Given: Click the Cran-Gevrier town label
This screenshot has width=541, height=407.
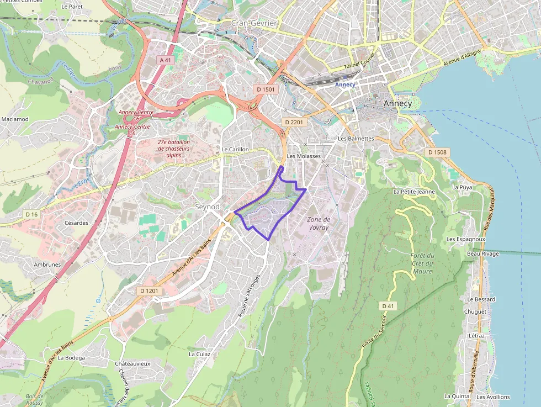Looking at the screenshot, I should point(254,23).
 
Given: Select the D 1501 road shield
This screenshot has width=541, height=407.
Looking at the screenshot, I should point(265,89).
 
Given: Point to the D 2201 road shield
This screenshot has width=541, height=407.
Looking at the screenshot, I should point(294,121).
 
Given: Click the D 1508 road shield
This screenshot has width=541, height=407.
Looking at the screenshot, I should point(437,152).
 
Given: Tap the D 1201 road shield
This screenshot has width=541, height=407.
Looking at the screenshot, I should point(149,290).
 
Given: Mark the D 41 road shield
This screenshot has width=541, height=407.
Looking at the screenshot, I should point(388,305).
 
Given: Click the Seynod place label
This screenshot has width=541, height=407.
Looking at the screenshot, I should point(207,207).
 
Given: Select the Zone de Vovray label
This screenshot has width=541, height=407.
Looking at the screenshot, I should point(318,223).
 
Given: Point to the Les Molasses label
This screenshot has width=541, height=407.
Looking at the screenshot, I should point(304,156).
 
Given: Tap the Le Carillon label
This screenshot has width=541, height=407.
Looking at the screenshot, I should point(235,150).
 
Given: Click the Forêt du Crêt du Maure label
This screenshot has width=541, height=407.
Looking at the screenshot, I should point(422,263).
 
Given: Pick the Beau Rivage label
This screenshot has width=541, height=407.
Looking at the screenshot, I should point(482,254).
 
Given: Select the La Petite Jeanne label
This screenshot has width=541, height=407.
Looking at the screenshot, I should point(414,192).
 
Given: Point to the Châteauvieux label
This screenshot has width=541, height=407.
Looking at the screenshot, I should point(132,364).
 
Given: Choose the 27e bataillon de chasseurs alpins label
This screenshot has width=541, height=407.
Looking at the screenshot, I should point(173,149).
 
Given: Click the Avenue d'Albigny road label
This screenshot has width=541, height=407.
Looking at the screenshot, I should point(462,58).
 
